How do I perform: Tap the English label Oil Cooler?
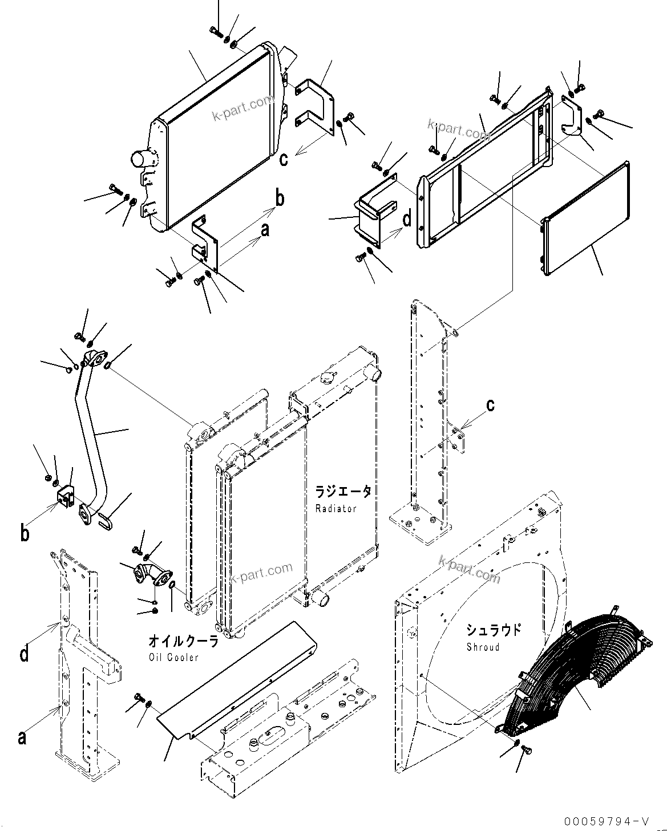coord(173,657)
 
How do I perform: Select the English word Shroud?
coord(483,647)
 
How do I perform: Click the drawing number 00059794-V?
coord(606,821)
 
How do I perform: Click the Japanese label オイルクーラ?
coord(183,641)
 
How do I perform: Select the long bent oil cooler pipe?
coord(91,433)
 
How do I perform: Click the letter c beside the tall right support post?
coord(490,406)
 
